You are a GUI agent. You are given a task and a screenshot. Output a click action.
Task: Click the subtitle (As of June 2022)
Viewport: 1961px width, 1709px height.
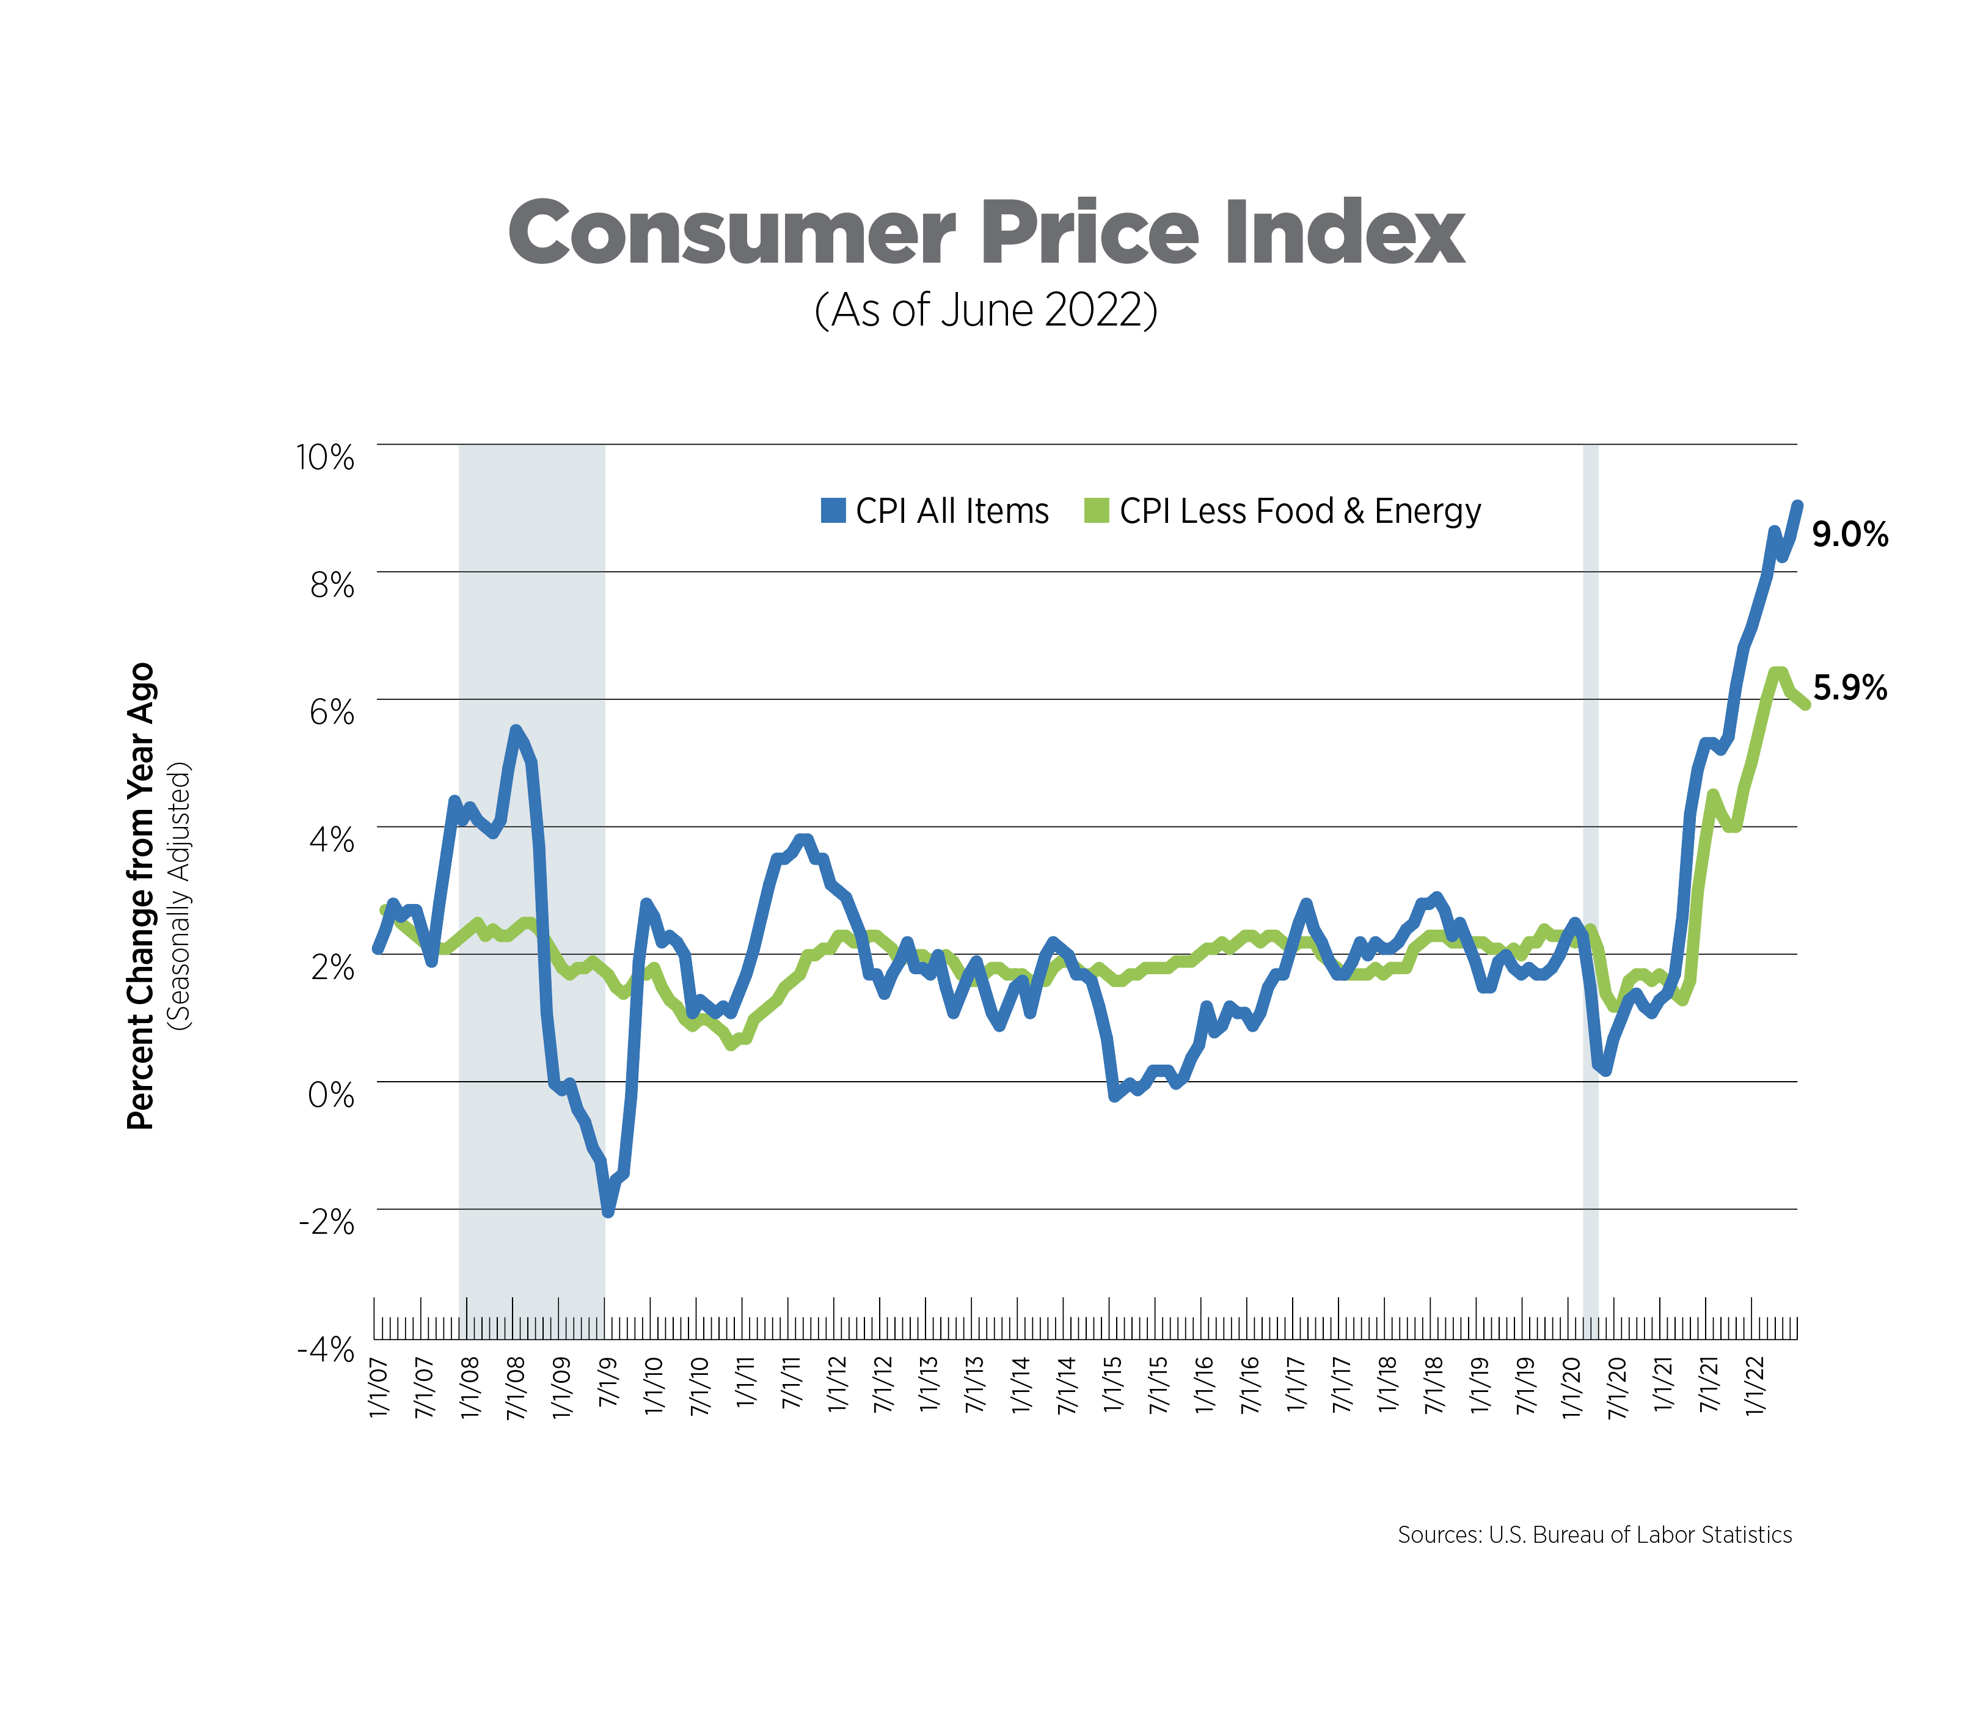click(985, 310)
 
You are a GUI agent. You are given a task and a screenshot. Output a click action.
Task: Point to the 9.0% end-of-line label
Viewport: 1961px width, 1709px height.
click(1849, 535)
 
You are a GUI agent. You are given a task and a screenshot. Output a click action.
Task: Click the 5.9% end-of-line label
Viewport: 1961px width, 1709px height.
click(1849, 688)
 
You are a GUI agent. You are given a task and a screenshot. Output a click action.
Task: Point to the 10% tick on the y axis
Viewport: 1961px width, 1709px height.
click(325, 457)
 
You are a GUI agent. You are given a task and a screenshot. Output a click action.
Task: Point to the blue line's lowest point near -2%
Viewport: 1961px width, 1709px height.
click(608, 1211)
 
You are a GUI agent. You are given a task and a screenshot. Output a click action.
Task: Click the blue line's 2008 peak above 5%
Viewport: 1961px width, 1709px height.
click(515, 732)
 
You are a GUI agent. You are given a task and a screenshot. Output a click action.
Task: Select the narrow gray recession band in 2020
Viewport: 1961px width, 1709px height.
click(1590, 858)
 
